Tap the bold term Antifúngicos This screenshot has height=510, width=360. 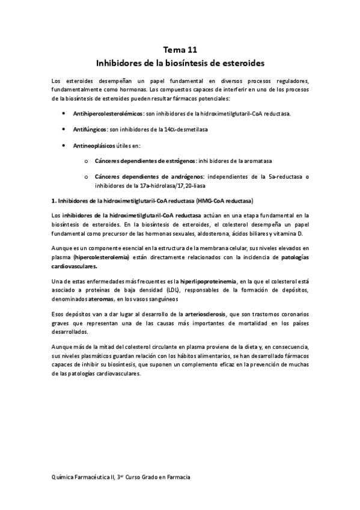click(91, 129)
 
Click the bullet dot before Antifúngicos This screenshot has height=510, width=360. click(65, 129)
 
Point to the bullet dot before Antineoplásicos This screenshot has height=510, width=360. click(65, 146)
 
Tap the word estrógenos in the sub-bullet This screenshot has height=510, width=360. click(179, 162)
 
